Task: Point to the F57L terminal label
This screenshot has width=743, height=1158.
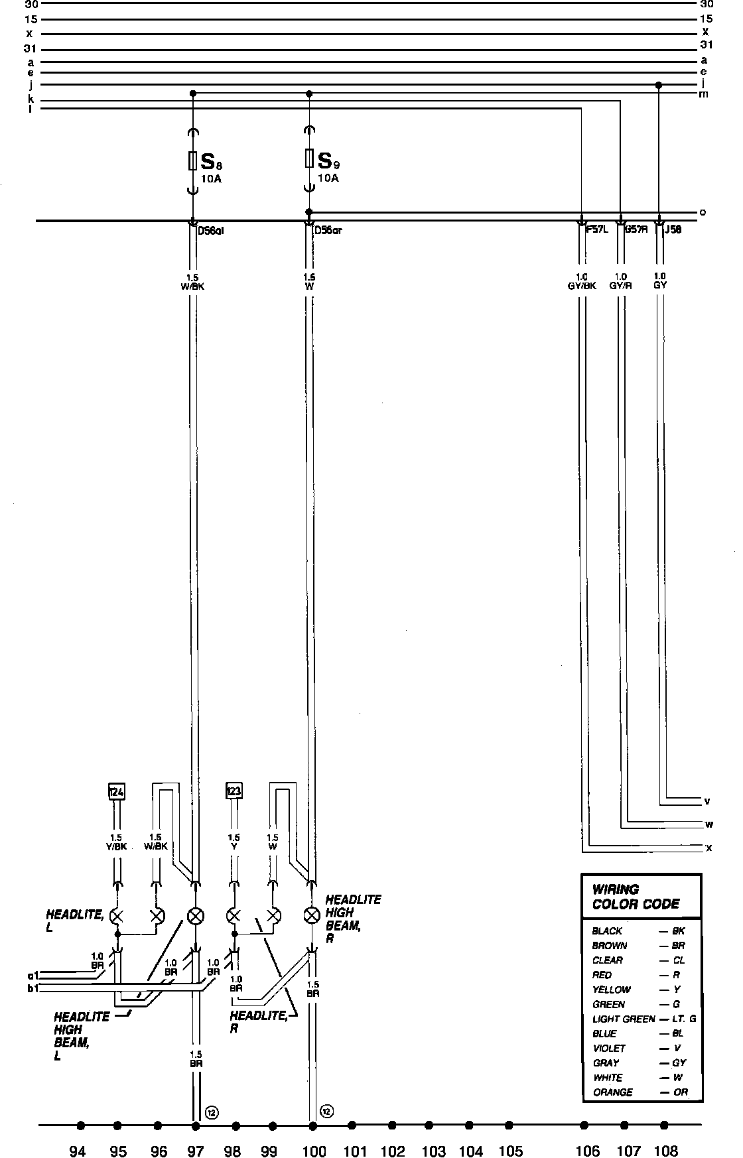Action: click(597, 230)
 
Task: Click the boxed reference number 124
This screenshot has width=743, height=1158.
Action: click(116, 791)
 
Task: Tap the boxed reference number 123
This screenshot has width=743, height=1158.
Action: click(234, 791)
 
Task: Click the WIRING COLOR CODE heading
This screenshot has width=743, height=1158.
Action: click(635, 897)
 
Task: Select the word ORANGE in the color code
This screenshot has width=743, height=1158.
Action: click(612, 1092)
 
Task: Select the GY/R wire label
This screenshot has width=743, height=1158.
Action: click(622, 286)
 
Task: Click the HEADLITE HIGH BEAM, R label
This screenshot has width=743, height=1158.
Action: click(352, 919)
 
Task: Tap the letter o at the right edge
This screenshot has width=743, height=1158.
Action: click(703, 212)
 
